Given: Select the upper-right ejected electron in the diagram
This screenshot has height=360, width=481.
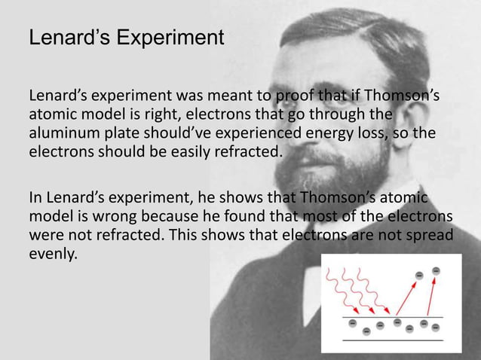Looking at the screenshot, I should click(x=437, y=271).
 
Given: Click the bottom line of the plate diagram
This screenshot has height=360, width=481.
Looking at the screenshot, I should click(x=393, y=340).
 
